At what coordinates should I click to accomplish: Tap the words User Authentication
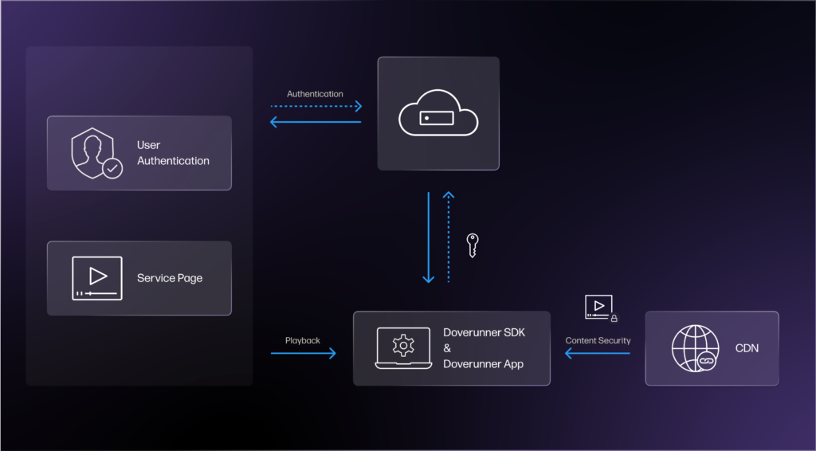[173, 153]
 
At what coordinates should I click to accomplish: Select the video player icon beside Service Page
[97, 277]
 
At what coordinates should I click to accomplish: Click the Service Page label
[170, 278]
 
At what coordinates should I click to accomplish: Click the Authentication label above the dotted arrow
[315, 94]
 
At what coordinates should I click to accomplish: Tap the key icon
[473, 244]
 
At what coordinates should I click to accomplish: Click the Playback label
[303, 340]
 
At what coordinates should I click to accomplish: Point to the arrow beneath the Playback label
[303, 352]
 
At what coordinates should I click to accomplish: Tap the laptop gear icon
[404, 347]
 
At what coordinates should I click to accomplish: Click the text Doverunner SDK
[484, 332]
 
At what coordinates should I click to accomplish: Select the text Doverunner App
[484, 364]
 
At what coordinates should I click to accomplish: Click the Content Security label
[598, 340]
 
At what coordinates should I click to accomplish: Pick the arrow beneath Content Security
[598, 352]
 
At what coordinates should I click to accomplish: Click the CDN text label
[747, 348]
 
